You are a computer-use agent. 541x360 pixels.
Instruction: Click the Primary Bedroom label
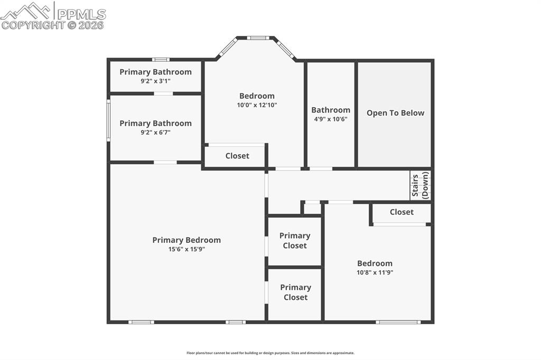point(186,240)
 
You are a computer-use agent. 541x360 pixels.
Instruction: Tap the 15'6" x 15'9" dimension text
point(186,249)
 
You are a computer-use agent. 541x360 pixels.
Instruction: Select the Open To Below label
point(395,113)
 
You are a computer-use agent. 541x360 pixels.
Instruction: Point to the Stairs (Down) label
point(421,185)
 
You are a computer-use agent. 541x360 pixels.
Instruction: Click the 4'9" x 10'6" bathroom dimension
point(331,119)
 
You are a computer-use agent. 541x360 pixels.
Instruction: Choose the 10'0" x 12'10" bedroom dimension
point(257,105)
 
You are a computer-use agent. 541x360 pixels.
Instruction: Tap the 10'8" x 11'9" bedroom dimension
point(375,273)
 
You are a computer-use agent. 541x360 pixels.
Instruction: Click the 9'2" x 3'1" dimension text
point(155,81)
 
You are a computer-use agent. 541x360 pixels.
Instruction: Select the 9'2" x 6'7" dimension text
point(155,132)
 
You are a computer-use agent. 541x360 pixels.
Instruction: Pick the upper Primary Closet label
point(295,241)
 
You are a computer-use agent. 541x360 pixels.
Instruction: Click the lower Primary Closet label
point(295,292)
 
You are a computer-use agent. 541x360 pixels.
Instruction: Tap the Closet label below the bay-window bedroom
point(237,156)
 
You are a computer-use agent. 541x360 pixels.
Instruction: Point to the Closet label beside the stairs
point(402,212)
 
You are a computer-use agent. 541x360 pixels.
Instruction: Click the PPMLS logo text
point(81,14)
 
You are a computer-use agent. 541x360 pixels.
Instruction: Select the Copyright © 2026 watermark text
point(53,25)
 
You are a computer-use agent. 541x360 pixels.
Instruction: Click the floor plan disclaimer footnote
point(270,353)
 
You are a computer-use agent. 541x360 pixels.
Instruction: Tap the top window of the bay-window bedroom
point(257,38)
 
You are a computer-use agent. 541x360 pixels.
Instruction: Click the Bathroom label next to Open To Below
point(331,110)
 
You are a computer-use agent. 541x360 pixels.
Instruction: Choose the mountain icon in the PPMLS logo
point(26,11)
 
